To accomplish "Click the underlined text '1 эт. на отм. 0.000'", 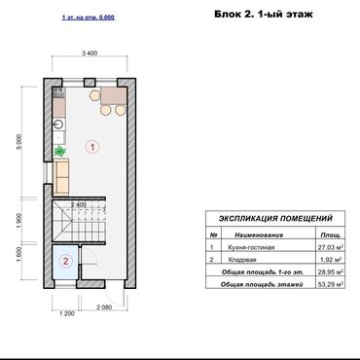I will point(88,18).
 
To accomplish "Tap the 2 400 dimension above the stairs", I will point(80,205).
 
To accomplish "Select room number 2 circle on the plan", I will point(64,261).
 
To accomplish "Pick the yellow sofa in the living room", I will point(61,177).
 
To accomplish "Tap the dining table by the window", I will point(110,97).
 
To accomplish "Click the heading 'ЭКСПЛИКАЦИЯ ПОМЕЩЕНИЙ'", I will point(275,220).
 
